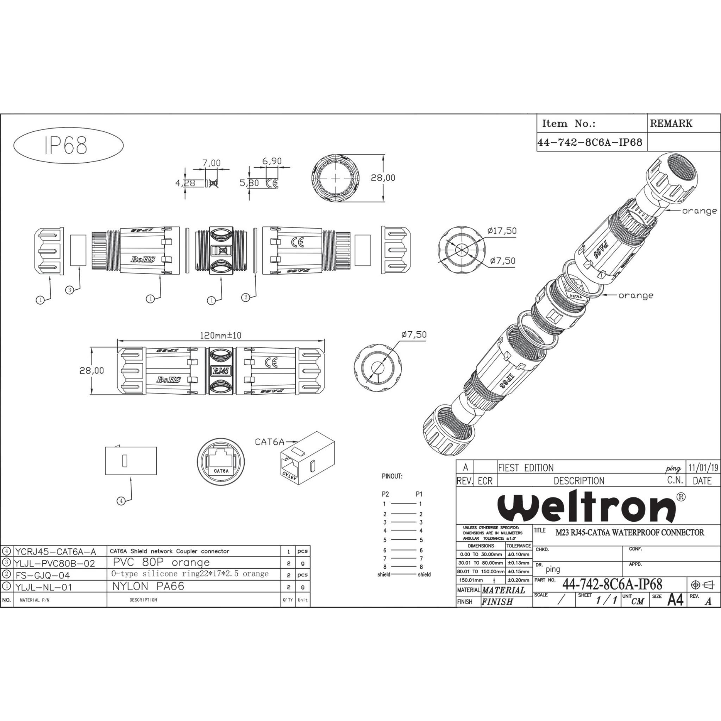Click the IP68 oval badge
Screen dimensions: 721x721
[68, 145]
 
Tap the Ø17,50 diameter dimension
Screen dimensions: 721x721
[502, 231]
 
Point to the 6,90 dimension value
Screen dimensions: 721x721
[272, 161]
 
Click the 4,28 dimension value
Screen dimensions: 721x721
[185, 183]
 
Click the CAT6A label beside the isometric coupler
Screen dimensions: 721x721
[269, 442]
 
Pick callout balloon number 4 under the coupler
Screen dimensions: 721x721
[121, 501]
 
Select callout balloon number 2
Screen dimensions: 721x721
[246, 297]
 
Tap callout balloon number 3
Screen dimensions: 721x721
[69, 290]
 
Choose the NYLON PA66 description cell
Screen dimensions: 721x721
[149, 586]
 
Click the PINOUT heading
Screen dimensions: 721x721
[392, 477]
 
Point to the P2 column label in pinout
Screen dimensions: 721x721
[385, 494]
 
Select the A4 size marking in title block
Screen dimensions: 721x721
[675, 600]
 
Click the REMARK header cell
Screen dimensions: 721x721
[671, 124]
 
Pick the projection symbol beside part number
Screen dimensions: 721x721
[702, 585]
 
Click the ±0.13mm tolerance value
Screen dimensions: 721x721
[518, 563]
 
